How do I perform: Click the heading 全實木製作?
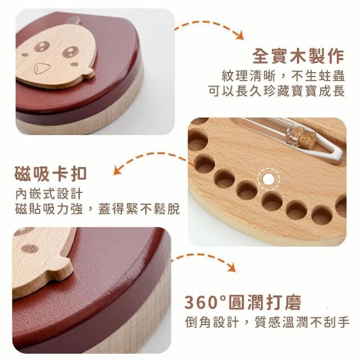[298, 56]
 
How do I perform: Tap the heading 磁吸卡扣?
[51, 174]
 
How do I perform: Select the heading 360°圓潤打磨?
[243, 303]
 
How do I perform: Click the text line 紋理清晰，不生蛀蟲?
[283, 76]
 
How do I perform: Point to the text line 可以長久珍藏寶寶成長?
[277, 91]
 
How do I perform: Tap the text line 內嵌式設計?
[49, 194]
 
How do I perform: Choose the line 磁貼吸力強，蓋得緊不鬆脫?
[97, 209]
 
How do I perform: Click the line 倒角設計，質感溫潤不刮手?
[267, 322]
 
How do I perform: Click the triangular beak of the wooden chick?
[42, 68]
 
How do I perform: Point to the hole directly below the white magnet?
[272, 201]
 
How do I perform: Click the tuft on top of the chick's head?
[73, 20]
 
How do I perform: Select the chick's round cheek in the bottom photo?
[30, 249]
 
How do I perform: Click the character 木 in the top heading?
[298, 56]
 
